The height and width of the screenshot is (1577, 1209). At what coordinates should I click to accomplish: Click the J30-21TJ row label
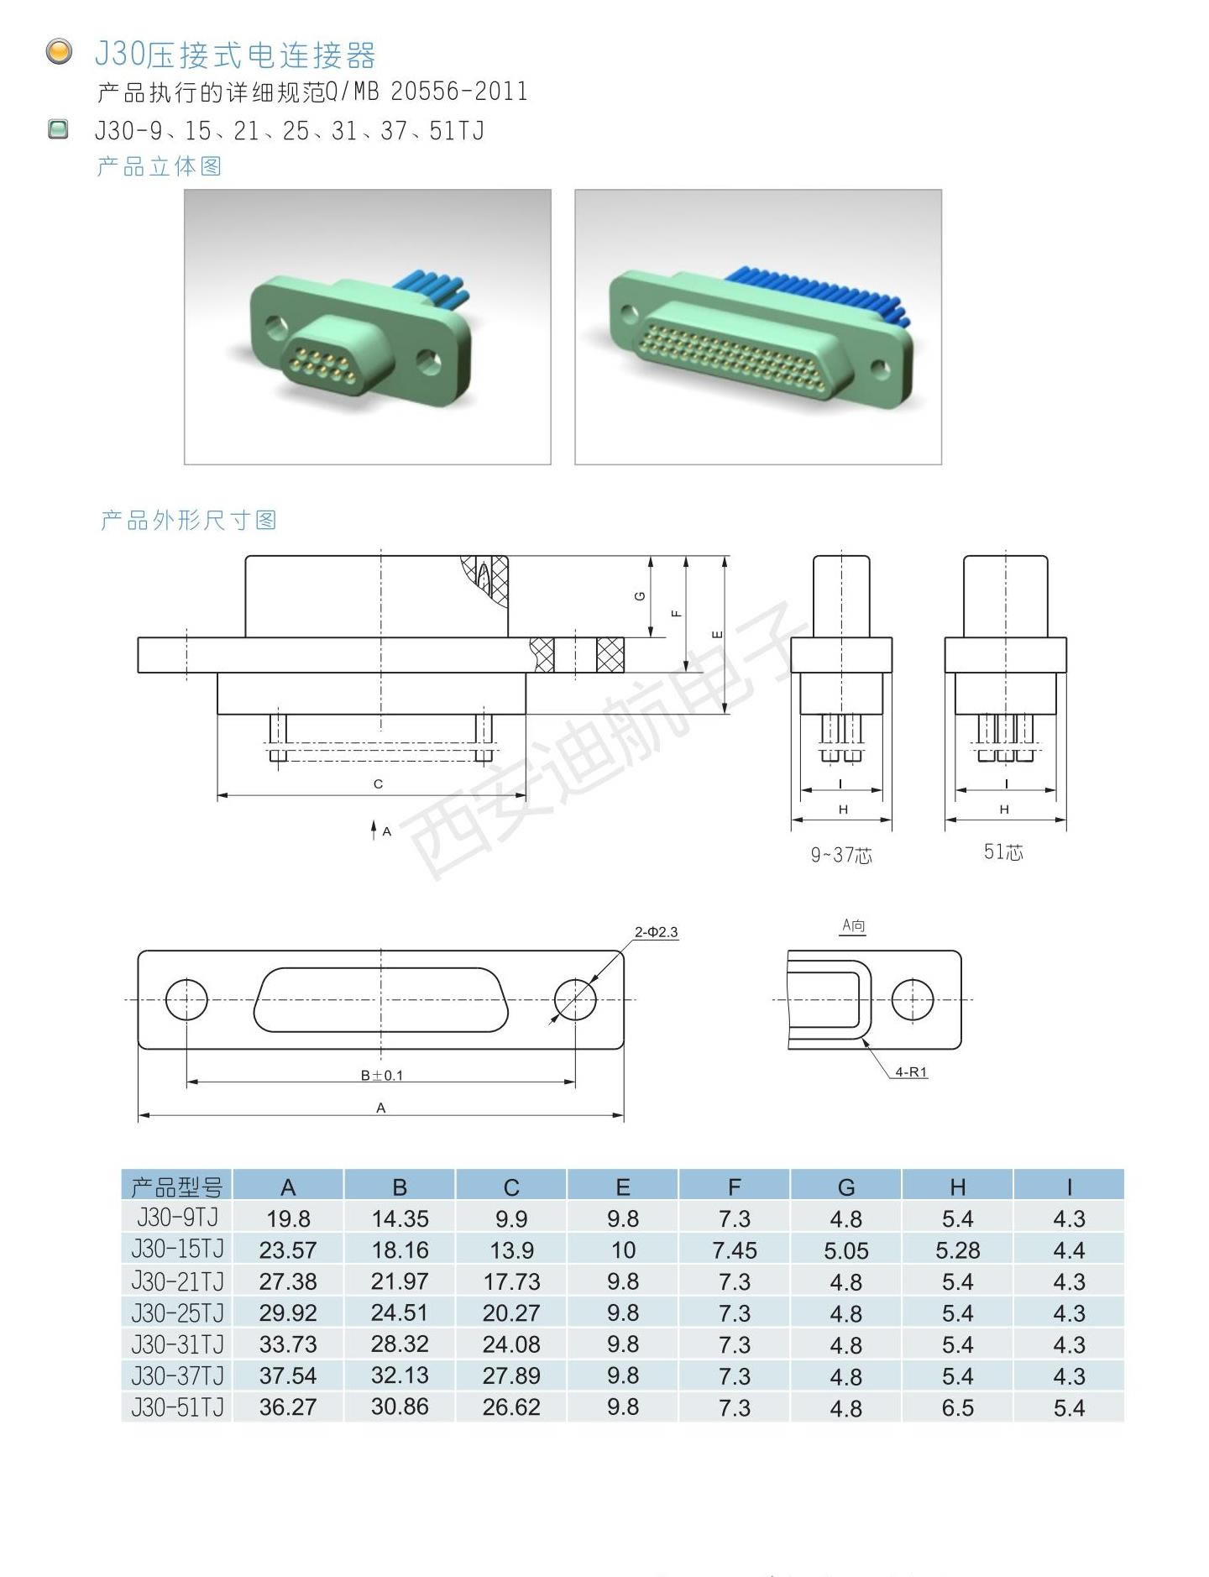(x=177, y=1281)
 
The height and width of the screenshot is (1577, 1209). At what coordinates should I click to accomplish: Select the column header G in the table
(x=845, y=1187)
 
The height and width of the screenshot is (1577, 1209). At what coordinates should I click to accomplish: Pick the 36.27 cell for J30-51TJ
(x=287, y=1407)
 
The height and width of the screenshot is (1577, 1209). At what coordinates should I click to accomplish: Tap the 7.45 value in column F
(x=734, y=1250)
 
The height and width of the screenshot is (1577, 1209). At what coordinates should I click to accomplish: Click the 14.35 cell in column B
(x=400, y=1218)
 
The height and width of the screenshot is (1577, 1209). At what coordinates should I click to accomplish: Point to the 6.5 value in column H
(x=957, y=1407)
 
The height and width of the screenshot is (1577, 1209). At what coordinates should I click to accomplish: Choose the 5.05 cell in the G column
(x=845, y=1250)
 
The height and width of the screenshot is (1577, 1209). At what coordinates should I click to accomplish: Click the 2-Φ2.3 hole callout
(x=656, y=931)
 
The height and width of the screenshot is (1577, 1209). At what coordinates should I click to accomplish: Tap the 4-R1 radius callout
(x=911, y=1071)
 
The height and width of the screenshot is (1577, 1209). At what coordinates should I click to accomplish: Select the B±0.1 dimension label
(x=382, y=1075)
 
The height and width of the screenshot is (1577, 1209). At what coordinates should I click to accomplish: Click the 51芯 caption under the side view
(x=1003, y=851)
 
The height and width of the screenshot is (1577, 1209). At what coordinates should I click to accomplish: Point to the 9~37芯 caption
(x=841, y=855)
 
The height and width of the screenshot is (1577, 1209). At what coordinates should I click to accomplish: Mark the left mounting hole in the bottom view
(x=186, y=999)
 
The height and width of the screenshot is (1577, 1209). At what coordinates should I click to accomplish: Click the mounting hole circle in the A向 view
(x=913, y=999)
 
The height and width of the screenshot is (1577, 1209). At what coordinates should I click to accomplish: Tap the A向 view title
(x=853, y=925)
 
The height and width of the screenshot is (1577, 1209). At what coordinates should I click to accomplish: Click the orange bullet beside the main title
(x=59, y=52)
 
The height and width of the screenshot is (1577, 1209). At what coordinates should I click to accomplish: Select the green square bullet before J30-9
(x=58, y=129)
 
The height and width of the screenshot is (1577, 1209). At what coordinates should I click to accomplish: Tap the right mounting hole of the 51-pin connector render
(x=879, y=368)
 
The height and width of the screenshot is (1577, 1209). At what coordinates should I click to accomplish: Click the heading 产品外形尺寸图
(x=189, y=520)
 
